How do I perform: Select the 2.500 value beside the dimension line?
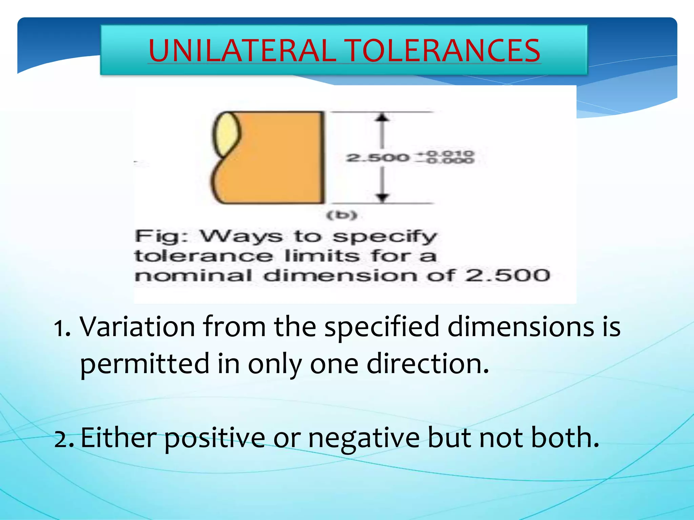click(x=377, y=158)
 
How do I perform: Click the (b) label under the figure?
click(x=342, y=215)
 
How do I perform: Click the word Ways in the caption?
click(x=241, y=237)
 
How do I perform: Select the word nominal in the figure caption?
click(x=193, y=276)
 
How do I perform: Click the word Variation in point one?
click(x=137, y=327)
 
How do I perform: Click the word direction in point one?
click(x=428, y=364)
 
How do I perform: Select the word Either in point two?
click(x=119, y=438)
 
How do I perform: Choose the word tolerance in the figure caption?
click(x=203, y=256)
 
